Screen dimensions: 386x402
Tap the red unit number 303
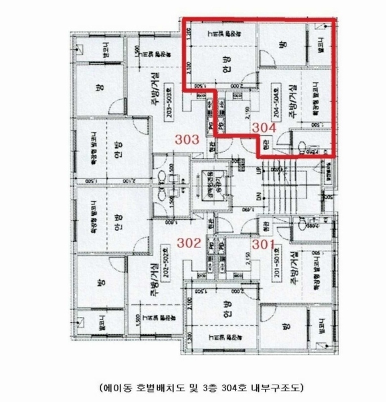tap(187, 140)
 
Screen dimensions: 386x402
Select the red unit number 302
tap(188, 243)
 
